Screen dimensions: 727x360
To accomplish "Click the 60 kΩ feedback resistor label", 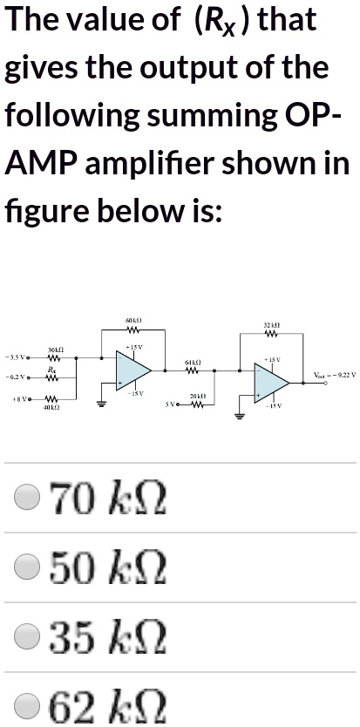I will point(133,323).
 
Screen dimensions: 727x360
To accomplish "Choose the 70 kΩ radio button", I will point(27,499).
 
